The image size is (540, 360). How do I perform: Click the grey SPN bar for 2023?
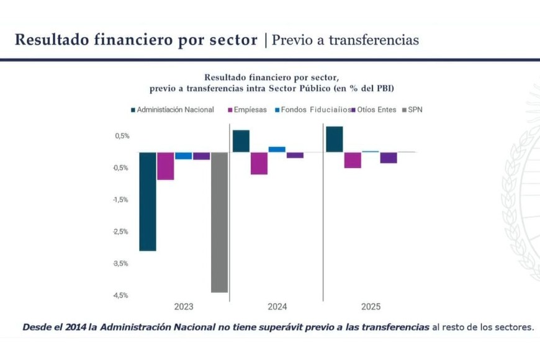tap(220, 222)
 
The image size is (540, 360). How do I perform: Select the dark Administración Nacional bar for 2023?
tap(147, 201)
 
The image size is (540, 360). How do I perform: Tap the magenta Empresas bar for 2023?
tap(165, 166)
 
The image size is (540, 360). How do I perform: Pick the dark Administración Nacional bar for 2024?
tap(241, 141)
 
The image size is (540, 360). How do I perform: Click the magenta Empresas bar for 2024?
tap(259, 163)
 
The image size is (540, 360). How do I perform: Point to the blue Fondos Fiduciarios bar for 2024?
tap(277, 149)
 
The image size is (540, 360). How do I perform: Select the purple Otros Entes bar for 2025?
tap(389, 158)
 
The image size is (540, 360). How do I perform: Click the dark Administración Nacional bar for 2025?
tap(334, 139)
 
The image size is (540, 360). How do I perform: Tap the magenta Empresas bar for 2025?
tap(353, 160)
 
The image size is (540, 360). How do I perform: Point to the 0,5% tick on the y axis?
tap(122, 136)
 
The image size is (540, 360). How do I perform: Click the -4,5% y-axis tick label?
tap(121, 295)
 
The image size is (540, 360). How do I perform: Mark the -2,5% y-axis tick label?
tap(121, 232)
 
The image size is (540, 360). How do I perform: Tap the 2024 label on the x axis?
tap(277, 307)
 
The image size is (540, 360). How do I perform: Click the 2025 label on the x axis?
tap(371, 307)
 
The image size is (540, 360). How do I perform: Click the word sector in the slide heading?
tap(232, 40)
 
